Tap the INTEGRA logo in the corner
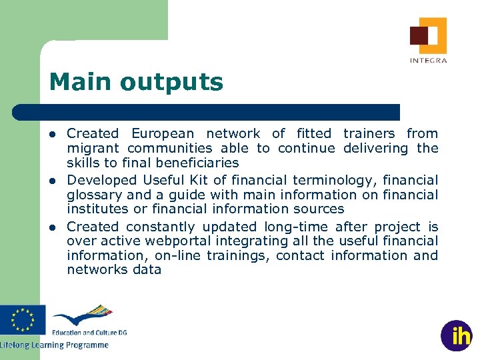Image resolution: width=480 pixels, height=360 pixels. [428, 39]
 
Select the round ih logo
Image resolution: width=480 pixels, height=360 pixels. [457, 335]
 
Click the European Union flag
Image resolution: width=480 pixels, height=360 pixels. [23, 319]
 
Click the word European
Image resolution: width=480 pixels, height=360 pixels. [164, 134]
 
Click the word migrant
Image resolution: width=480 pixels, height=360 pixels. [94, 149]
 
